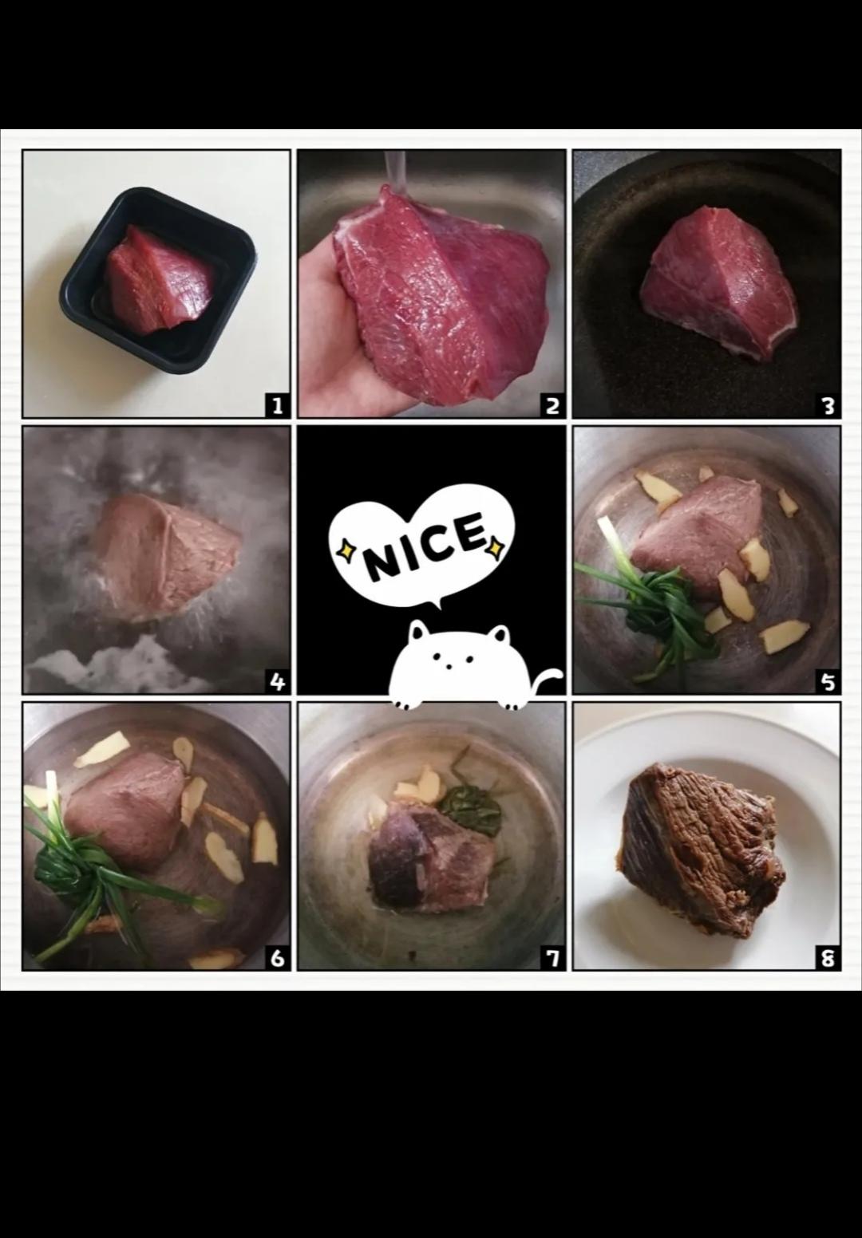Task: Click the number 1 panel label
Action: (x=277, y=406)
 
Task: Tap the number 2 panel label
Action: (x=552, y=406)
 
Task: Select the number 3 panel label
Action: (x=828, y=406)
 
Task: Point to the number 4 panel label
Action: (x=277, y=682)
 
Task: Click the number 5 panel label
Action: (x=828, y=682)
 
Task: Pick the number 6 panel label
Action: (x=277, y=958)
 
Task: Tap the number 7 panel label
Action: (x=552, y=958)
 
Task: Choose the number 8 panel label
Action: (x=828, y=958)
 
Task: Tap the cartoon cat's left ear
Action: (x=417, y=631)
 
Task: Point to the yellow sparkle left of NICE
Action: (x=346, y=550)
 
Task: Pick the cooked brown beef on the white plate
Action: (x=703, y=851)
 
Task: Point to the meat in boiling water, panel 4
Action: (x=166, y=558)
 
